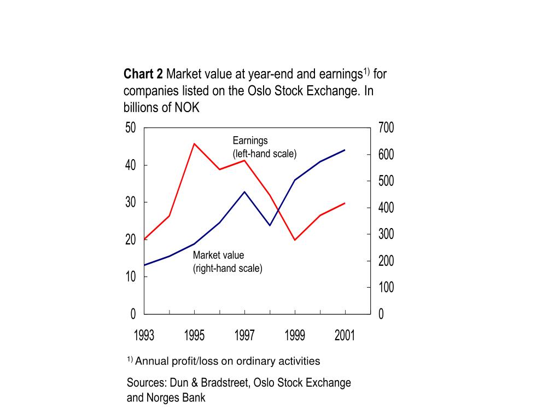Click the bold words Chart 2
click(143, 74)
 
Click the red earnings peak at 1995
click(194, 144)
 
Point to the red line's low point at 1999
click(295, 240)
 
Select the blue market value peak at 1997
click(244, 192)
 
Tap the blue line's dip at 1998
click(270, 225)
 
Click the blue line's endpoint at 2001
click(345, 150)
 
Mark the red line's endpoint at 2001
click(345, 203)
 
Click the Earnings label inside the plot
click(250, 141)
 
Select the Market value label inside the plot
click(218, 255)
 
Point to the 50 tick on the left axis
click(130, 127)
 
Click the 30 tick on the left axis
click(130, 202)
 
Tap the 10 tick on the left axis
click(130, 276)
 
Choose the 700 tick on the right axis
click(386, 127)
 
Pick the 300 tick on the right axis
click(386, 234)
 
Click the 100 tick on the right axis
click(386, 287)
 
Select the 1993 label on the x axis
click(144, 335)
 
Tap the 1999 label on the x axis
click(295, 335)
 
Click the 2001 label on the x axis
click(345, 335)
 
